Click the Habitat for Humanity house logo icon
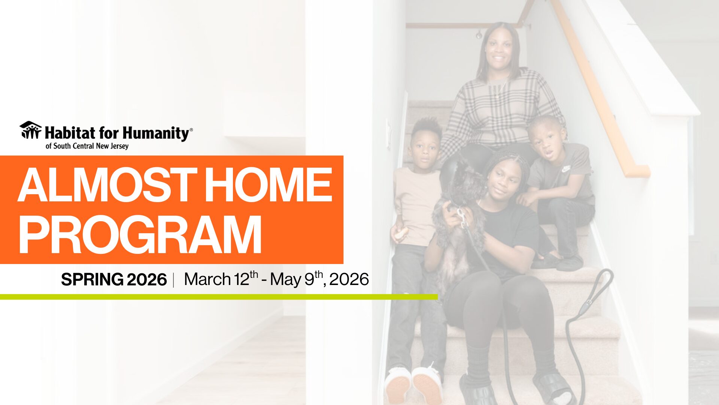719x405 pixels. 31,130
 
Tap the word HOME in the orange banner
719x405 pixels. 268,184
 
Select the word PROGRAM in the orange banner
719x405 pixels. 140,235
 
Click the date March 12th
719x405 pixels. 221,279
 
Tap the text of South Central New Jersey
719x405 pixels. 87,146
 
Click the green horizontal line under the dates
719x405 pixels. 219,297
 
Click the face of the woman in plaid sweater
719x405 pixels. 498,49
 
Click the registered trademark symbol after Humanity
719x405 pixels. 191,130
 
